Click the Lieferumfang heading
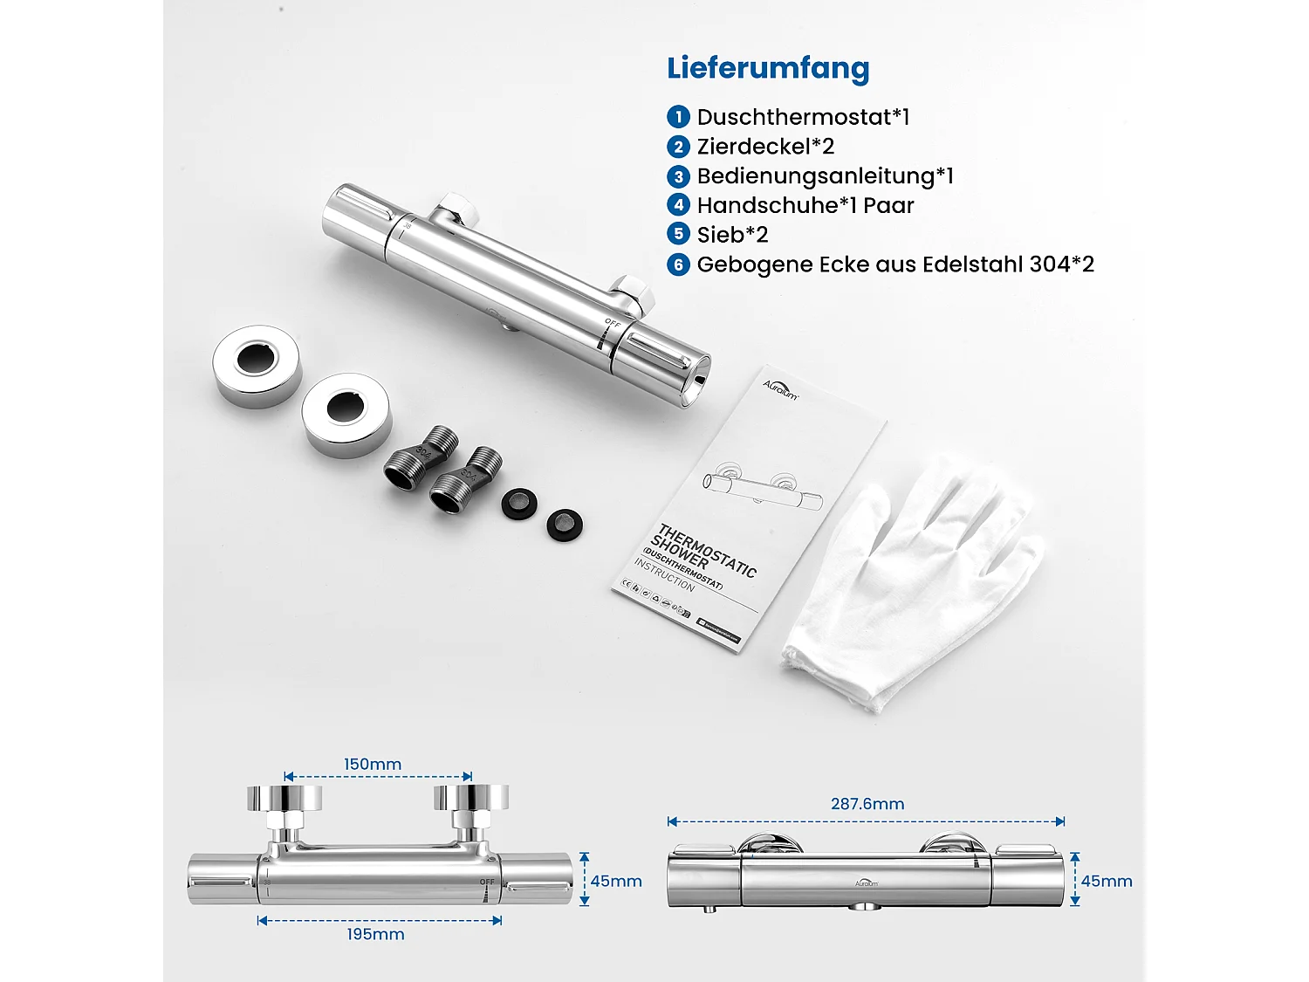coord(768,68)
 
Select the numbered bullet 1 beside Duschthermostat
coord(678,117)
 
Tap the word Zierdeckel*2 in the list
coord(765,147)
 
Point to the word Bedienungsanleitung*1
coord(825,176)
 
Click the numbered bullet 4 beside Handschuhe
coord(678,205)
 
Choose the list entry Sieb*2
coord(732,235)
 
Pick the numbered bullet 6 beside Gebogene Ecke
coord(678,264)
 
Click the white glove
coord(908,585)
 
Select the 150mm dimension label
coord(373,765)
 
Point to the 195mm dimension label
coord(375,935)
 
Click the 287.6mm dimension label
coord(867,804)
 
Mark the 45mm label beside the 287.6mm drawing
coord(1107,882)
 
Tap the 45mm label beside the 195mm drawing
coord(616,882)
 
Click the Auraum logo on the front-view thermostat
coord(867,883)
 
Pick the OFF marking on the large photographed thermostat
coord(613,324)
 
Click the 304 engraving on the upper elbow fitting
coord(424,452)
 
